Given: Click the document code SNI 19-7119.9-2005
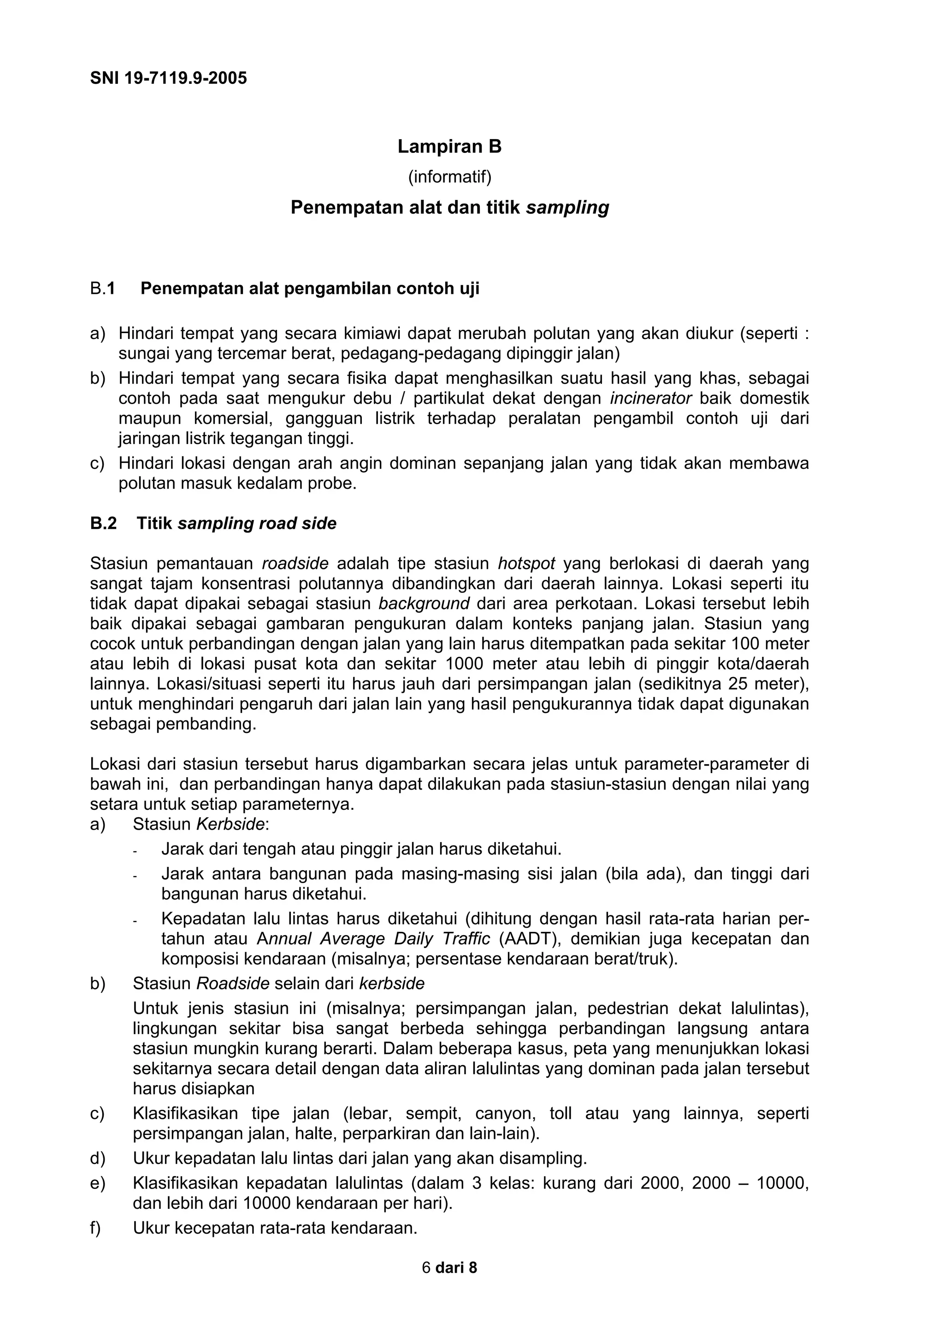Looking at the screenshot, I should click(168, 78).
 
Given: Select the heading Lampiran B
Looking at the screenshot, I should click(449, 146).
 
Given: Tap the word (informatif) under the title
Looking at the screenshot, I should click(449, 177).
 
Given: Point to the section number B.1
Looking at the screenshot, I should click(102, 288).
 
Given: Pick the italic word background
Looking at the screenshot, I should click(424, 603).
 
